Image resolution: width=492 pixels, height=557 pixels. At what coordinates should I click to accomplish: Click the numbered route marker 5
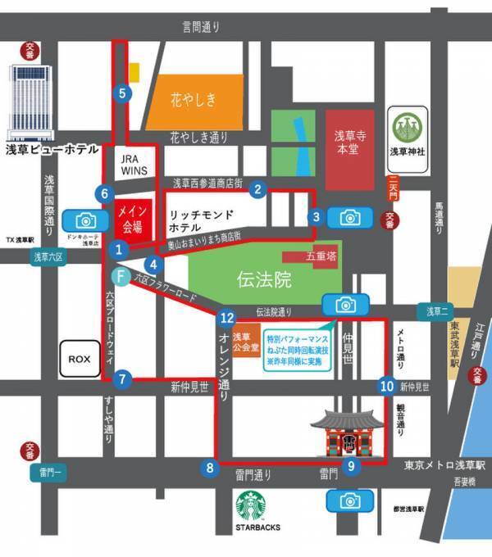[123, 93]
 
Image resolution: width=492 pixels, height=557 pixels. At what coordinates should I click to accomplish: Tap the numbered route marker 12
[227, 317]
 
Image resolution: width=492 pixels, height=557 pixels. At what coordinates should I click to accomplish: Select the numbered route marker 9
[351, 466]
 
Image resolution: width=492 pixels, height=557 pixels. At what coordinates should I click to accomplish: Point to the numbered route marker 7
[122, 379]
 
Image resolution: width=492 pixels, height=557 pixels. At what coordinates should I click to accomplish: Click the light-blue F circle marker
[121, 277]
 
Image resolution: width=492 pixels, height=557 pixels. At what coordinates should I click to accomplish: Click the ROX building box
[80, 359]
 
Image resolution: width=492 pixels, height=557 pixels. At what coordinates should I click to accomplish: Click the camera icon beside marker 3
[350, 217]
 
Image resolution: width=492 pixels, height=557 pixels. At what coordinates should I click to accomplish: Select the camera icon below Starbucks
[350, 500]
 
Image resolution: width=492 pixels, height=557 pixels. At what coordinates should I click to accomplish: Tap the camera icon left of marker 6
[85, 220]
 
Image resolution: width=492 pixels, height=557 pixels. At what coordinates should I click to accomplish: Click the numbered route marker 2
[258, 189]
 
